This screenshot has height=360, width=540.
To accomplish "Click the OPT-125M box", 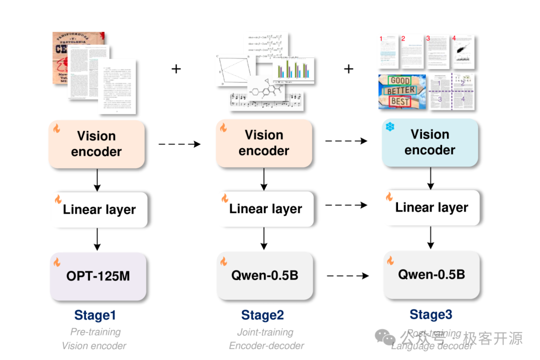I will coord(98,275).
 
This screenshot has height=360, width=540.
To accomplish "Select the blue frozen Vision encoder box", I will coord(430,142).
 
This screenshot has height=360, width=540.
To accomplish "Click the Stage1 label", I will coord(95,315).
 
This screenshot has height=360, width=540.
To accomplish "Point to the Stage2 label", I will coord(262,315).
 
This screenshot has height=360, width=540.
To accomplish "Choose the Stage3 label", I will coord(431,314).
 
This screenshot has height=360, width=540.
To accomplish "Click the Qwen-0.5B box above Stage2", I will coord(264,275).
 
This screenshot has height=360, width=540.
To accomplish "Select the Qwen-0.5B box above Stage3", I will coord(431,274).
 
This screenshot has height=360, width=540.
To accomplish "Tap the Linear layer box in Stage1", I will coord(99,209).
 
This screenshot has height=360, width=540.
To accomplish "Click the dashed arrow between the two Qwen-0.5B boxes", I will coord(347,275).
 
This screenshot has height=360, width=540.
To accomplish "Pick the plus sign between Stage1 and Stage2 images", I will coord(176,69).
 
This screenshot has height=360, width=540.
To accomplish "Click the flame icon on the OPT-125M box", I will coord(57,262).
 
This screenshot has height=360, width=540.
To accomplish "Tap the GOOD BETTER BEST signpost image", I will coord(402,92).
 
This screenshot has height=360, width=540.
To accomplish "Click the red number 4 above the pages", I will coord(454,38).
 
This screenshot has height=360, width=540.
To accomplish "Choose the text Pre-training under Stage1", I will coord(95,331).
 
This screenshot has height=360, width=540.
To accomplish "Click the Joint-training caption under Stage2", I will coord(265,332).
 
